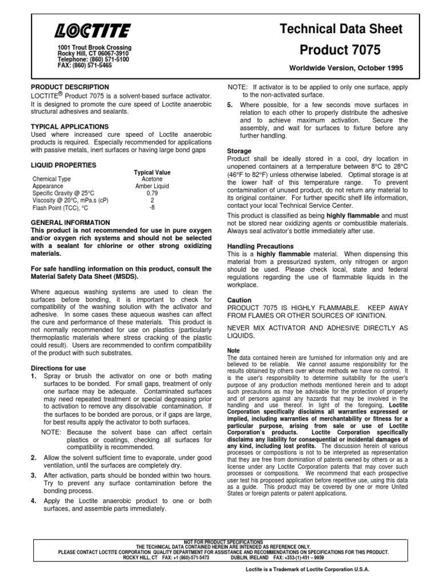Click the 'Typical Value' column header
152,172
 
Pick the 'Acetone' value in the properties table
152,179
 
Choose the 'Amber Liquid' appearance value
152,187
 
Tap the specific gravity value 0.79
152,193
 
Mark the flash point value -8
152,208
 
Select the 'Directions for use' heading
58,367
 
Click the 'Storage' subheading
240,151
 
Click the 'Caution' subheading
239,300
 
